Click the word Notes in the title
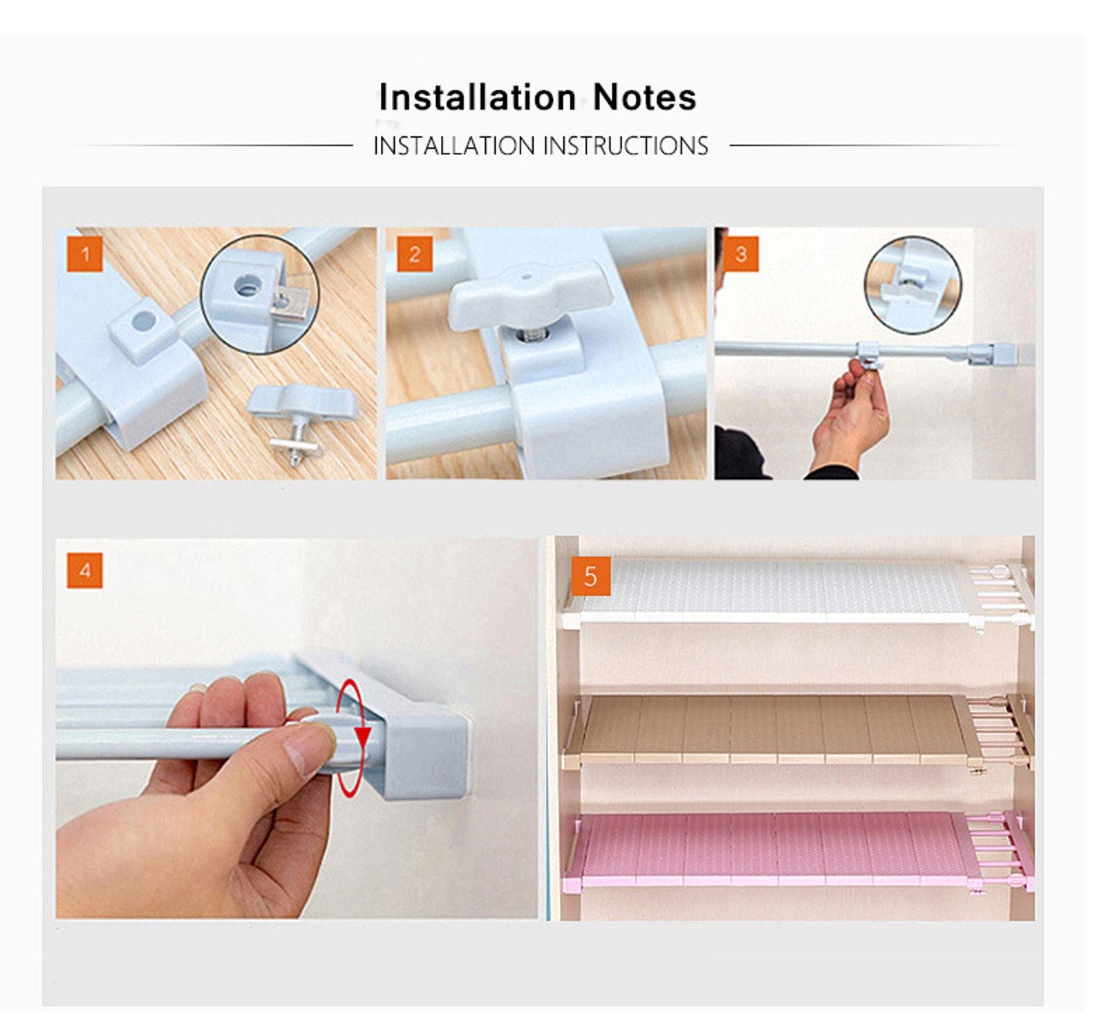(x=644, y=97)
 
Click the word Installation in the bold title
(x=477, y=97)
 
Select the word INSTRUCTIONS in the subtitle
(x=625, y=146)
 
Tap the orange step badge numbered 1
(x=85, y=254)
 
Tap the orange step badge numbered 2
(x=414, y=254)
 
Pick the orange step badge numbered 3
(x=741, y=254)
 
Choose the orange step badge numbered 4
(x=85, y=570)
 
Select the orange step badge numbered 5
(x=590, y=576)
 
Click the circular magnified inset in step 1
(x=260, y=294)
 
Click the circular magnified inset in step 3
(x=912, y=284)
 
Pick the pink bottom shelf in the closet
(x=767, y=848)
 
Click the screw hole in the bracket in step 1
(x=144, y=320)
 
